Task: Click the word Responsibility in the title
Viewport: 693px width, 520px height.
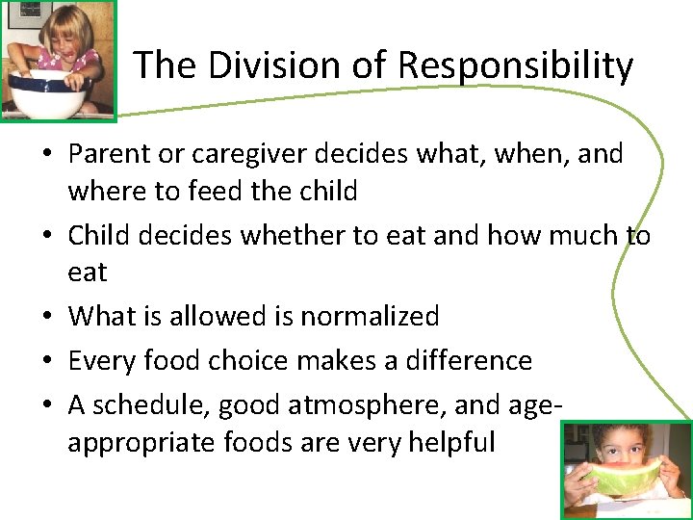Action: coord(515,65)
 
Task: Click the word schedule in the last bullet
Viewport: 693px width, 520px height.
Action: coord(150,405)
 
